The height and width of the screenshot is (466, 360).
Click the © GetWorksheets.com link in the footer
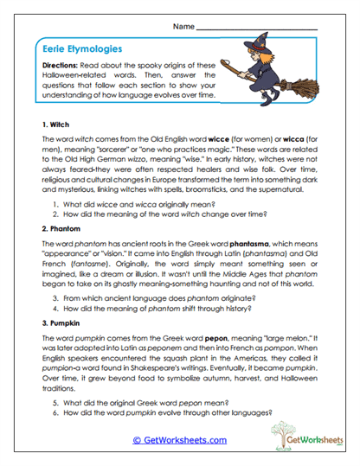point(179,439)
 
